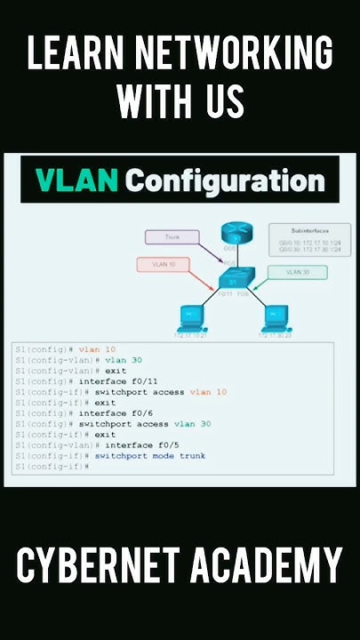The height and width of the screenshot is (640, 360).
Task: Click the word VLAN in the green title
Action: pos(77,181)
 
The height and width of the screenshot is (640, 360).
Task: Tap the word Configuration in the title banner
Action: pos(225,181)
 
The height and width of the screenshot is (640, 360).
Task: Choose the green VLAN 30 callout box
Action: pos(299,272)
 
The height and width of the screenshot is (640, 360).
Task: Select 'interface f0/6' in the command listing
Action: pos(113,413)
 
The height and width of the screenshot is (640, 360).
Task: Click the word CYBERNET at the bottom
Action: pos(104,566)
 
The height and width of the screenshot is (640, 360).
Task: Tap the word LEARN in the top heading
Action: pos(70,56)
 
